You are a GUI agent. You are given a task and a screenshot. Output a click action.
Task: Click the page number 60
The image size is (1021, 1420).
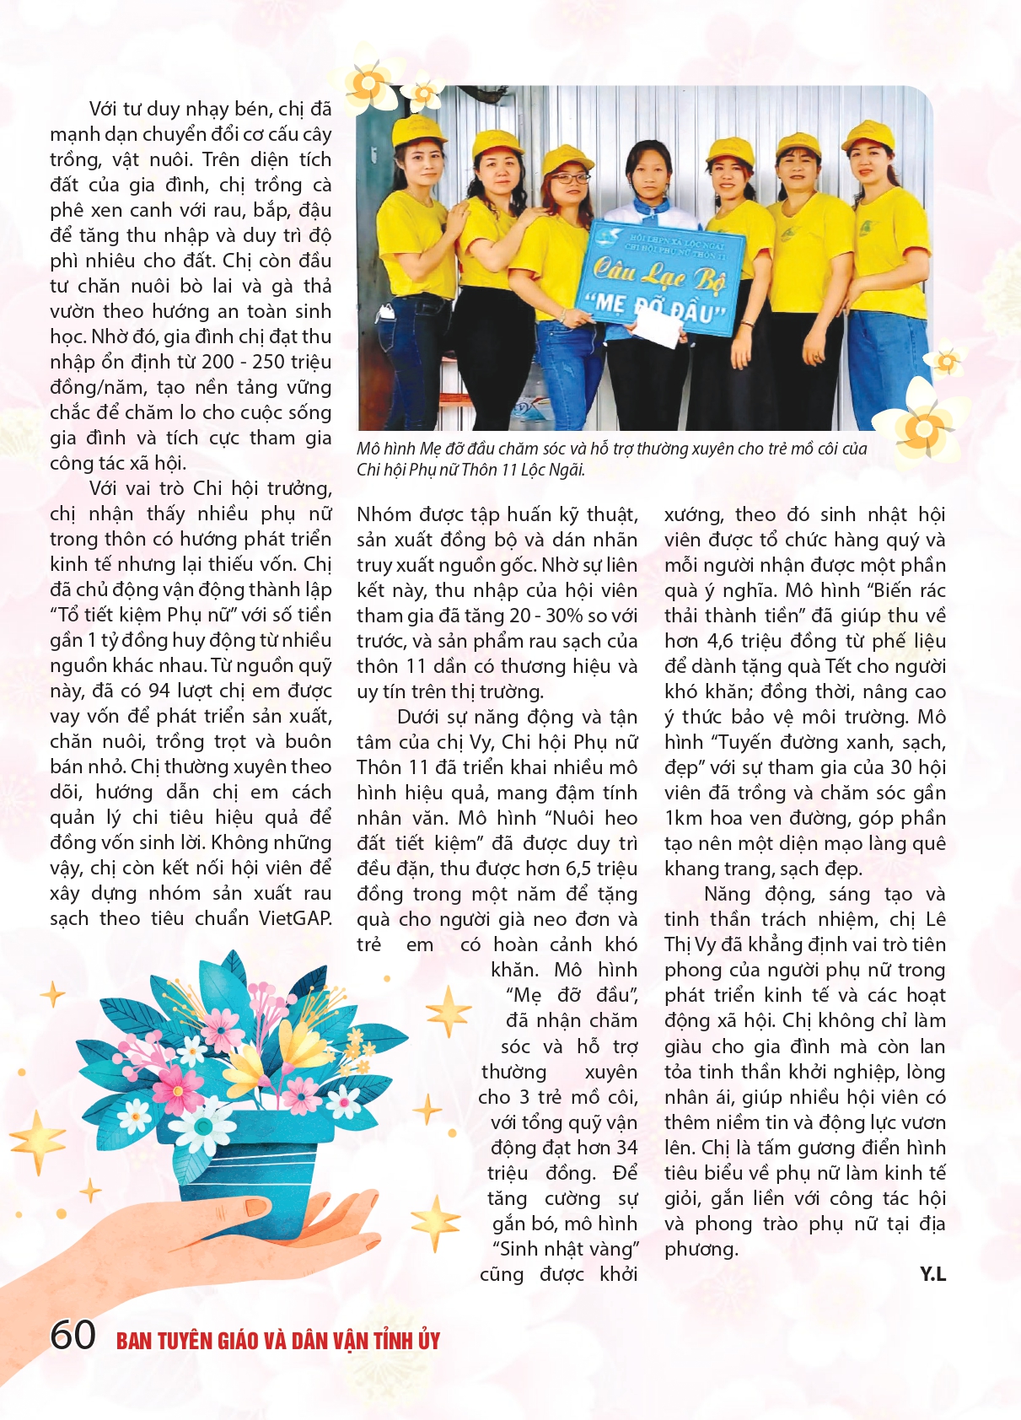(x=73, y=1335)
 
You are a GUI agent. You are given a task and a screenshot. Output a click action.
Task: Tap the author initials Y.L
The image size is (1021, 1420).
(x=932, y=1274)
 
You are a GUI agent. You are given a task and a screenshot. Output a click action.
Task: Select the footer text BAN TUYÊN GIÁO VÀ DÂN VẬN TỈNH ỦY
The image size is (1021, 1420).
(x=278, y=1341)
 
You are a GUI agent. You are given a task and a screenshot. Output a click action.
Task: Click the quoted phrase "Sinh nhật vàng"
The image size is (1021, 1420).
(x=566, y=1249)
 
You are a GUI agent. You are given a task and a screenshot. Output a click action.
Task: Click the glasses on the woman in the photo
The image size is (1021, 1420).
(x=570, y=178)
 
